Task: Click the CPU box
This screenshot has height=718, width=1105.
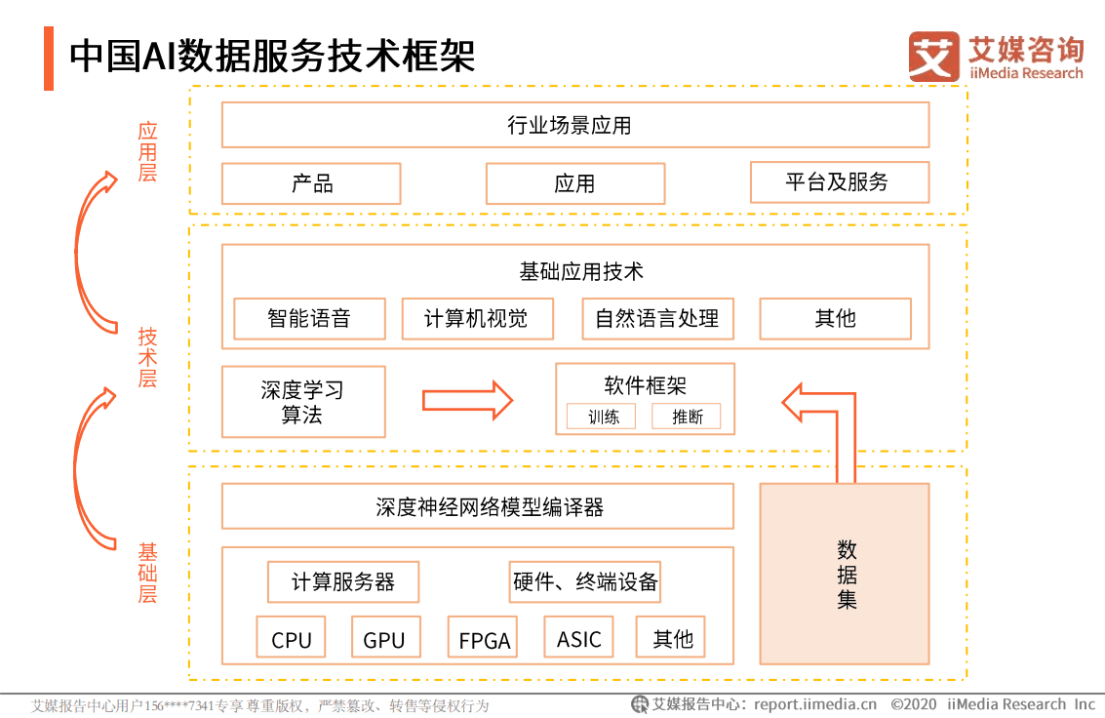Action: click(x=292, y=638)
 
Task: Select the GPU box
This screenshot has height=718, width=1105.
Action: click(x=384, y=638)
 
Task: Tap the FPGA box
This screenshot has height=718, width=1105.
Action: click(x=484, y=639)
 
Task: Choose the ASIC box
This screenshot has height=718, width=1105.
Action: click(x=579, y=638)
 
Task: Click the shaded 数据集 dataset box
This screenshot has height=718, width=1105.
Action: click(x=845, y=574)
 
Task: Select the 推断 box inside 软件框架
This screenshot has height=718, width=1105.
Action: click(x=687, y=417)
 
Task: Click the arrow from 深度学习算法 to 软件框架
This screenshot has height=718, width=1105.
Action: click(x=467, y=400)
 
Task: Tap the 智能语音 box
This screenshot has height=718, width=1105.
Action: click(x=309, y=318)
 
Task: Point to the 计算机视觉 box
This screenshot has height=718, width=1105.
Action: click(x=477, y=318)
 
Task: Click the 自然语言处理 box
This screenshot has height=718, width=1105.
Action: click(x=657, y=318)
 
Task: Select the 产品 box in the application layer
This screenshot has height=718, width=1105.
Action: click(x=311, y=183)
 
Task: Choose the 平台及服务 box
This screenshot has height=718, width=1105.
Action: click(x=839, y=182)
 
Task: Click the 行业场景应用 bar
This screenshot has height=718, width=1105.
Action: click(x=575, y=125)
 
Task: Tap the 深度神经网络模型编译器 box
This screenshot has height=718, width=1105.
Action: click(x=478, y=507)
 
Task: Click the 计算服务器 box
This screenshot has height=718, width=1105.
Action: click(x=343, y=582)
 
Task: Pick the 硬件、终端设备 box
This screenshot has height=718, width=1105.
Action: click(x=585, y=582)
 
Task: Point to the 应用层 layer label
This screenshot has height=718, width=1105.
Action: click(x=147, y=152)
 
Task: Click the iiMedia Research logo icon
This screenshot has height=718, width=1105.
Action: click(x=933, y=57)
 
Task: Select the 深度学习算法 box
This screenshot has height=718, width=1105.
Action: click(x=303, y=402)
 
